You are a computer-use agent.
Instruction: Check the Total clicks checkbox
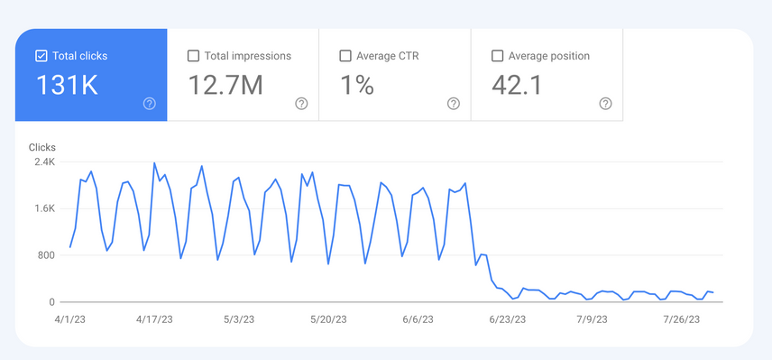[x=41, y=56]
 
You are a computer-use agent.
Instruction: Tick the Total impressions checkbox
[x=193, y=56]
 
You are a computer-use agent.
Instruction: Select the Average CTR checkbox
[x=345, y=56]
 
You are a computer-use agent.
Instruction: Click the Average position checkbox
[x=497, y=56]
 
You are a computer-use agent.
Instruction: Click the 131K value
[x=66, y=86]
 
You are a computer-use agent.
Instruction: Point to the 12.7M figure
[x=225, y=86]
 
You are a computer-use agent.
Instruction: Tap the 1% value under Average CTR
[x=356, y=86]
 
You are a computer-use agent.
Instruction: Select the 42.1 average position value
[x=517, y=86]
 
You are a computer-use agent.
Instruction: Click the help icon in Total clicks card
[x=150, y=104]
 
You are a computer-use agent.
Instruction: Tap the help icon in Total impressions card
[x=301, y=104]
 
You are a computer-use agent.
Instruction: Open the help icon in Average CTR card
[x=454, y=104]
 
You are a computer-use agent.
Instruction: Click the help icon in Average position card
[x=606, y=104]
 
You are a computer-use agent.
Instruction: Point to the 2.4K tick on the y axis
[x=44, y=162]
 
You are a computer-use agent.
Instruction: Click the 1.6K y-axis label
[x=44, y=208]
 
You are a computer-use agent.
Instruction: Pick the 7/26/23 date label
[x=683, y=319]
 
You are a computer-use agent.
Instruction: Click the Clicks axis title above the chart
[x=42, y=146]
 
